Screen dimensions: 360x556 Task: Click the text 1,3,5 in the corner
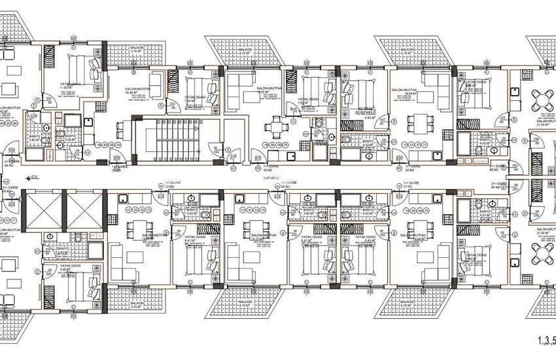(x=546, y=340)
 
